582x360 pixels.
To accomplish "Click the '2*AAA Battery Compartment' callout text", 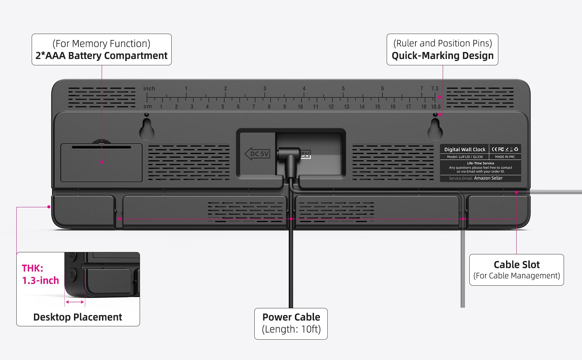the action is pyautogui.click(x=101, y=56).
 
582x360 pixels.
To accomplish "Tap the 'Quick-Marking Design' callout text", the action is pyautogui.click(x=442, y=56).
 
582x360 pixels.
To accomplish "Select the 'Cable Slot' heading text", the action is pyautogui.click(x=516, y=265).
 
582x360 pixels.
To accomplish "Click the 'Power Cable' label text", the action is pyautogui.click(x=291, y=317).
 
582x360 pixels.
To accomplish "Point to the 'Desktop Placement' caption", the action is pyautogui.click(x=78, y=317).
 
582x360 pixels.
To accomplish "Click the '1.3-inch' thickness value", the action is pyautogui.click(x=40, y=281).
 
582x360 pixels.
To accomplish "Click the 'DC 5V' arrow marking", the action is pyautogui.click(x=257, y=154).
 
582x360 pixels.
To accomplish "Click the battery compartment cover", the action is pyautogui.click(x=101, y=163).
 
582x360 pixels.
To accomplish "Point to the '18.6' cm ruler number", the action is pyautogui.click(x=436, y=107).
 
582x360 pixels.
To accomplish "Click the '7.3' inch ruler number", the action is pyautogui.click(x=435, y=88).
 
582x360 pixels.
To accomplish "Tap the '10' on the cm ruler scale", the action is pyautogui.click(x=300, y=107).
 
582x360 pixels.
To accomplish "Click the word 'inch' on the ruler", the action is pyautogui.click(x=149, y=88).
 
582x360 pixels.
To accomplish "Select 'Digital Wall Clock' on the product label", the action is pyautogui.click(x=465, y=150).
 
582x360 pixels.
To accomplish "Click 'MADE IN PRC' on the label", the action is pyautogui.click(x=505, y=157).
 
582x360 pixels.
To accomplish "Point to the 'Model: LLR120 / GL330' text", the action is pyautogui.click(x=465, y=157).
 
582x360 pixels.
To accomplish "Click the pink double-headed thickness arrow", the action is pyautogui.click(x=75, y=302).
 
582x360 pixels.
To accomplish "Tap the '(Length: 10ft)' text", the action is pyautogui.click(x=291, y=329).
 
